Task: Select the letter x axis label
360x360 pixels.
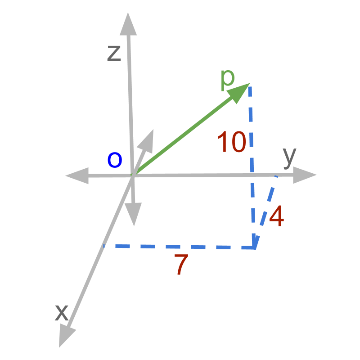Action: pyautogui.click(x=61, y=312)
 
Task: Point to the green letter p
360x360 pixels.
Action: pyautogui.click(x=228, y=79)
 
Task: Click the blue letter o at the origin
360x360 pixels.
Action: pyautogui.click(x=115, y=160)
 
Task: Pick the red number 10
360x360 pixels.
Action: pyautogui.click(x=231, y=142)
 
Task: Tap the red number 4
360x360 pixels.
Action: pyautogui.click(x=276, y=217)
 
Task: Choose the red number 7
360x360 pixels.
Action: pyautogui.click(x=180, y=266)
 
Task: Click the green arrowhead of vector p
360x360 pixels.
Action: pyautogui.click(x=239, y=93)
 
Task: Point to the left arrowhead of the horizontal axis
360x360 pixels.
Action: pyautogui.click(x=77, y=175)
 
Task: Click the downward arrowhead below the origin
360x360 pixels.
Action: pyautogui.click(x=134, y=214)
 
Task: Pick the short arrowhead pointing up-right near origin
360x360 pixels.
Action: pyautogui.click(x=147, y=140)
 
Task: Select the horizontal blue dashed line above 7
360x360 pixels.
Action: pyautogui.click(x=180, y=247)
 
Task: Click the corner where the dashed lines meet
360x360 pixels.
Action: pyautogui.click(x=255, y=247)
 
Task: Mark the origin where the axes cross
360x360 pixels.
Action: pyautogui.click(x=132, y=175)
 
